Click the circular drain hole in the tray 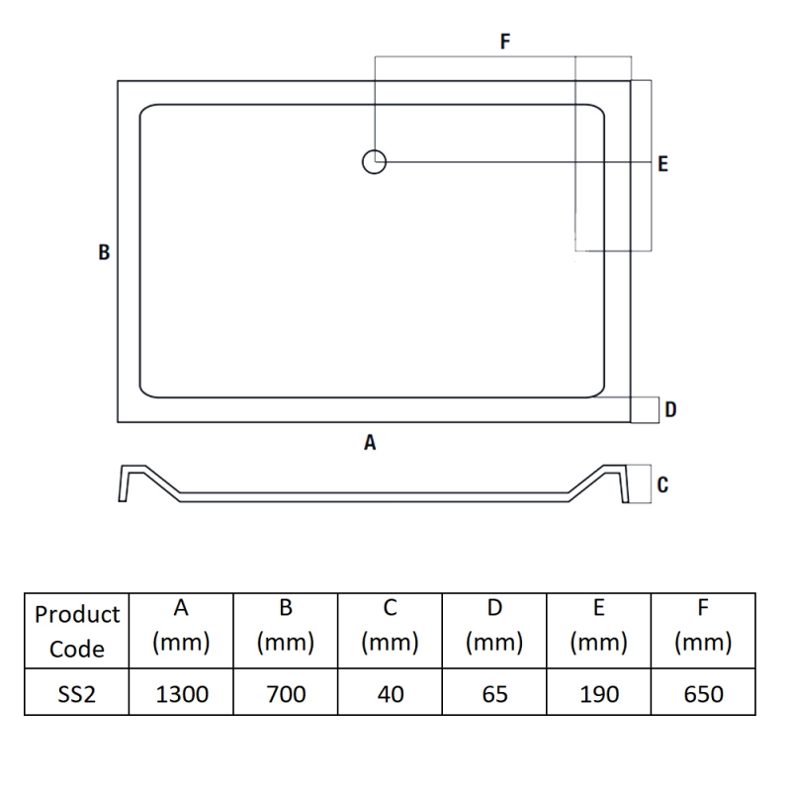click(374, 161)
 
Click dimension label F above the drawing click(504, 42)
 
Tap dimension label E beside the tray click(662, 164)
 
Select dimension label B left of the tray click(104, 252)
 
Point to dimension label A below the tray click(370, 444)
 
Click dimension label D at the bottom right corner click(670, 409)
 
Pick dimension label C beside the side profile click(662, 484)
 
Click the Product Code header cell click(77, 631)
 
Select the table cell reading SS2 click(77, 694)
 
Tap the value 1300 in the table click(182, 694)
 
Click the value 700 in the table click(286, 694)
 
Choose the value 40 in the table click(391, 694)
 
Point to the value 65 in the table click(494, 694)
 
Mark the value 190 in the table click(599, 694)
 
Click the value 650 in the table click(703, 694)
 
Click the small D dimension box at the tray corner click(645, 409)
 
